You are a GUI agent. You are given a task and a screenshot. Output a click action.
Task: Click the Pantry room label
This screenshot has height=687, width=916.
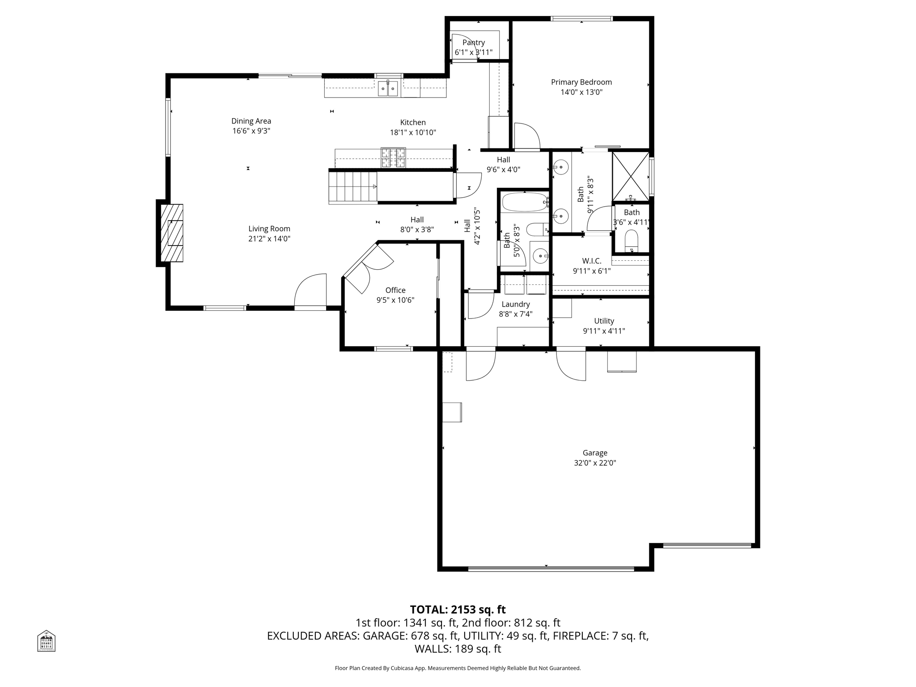tap(473, 42)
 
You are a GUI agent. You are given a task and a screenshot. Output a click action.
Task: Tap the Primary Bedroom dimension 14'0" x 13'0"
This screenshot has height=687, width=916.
tap(581, 93)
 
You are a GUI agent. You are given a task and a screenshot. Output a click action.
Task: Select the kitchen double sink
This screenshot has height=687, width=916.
tap(388, 89)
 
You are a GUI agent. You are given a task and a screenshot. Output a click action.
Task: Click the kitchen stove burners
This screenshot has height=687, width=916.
tap(393, 158)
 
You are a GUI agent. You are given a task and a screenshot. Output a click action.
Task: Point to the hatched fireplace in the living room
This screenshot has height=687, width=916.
tap(172, 233)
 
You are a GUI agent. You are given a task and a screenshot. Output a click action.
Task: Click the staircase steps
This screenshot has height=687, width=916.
tap(352, 187)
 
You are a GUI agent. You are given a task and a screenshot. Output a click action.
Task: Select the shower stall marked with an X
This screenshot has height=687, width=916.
tap(630, 176)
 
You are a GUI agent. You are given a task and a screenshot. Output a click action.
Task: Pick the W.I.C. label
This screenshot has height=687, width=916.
tap(591, 261)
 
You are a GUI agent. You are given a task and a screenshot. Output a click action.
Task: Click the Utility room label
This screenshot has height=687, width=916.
tap(604, 321)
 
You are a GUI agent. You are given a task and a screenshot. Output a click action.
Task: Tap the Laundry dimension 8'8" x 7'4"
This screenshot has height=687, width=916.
tap(515, 314)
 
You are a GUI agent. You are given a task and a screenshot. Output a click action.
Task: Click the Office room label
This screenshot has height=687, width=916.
tap(395, 290)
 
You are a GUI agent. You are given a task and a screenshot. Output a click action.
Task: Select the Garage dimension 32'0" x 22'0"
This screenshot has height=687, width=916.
tap(595, 463)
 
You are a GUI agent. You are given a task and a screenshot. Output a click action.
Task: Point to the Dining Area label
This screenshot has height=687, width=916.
tap(251, 121)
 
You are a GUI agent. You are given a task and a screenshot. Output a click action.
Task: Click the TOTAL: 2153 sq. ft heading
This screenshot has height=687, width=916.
tap(458, 610)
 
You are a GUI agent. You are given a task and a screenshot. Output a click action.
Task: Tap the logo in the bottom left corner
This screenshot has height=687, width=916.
tap(46, 640)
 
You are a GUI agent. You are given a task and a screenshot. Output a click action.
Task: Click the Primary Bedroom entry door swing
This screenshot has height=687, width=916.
tap(526, 136)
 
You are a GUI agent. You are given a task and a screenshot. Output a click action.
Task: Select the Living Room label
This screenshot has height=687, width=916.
tap(269, 229)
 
